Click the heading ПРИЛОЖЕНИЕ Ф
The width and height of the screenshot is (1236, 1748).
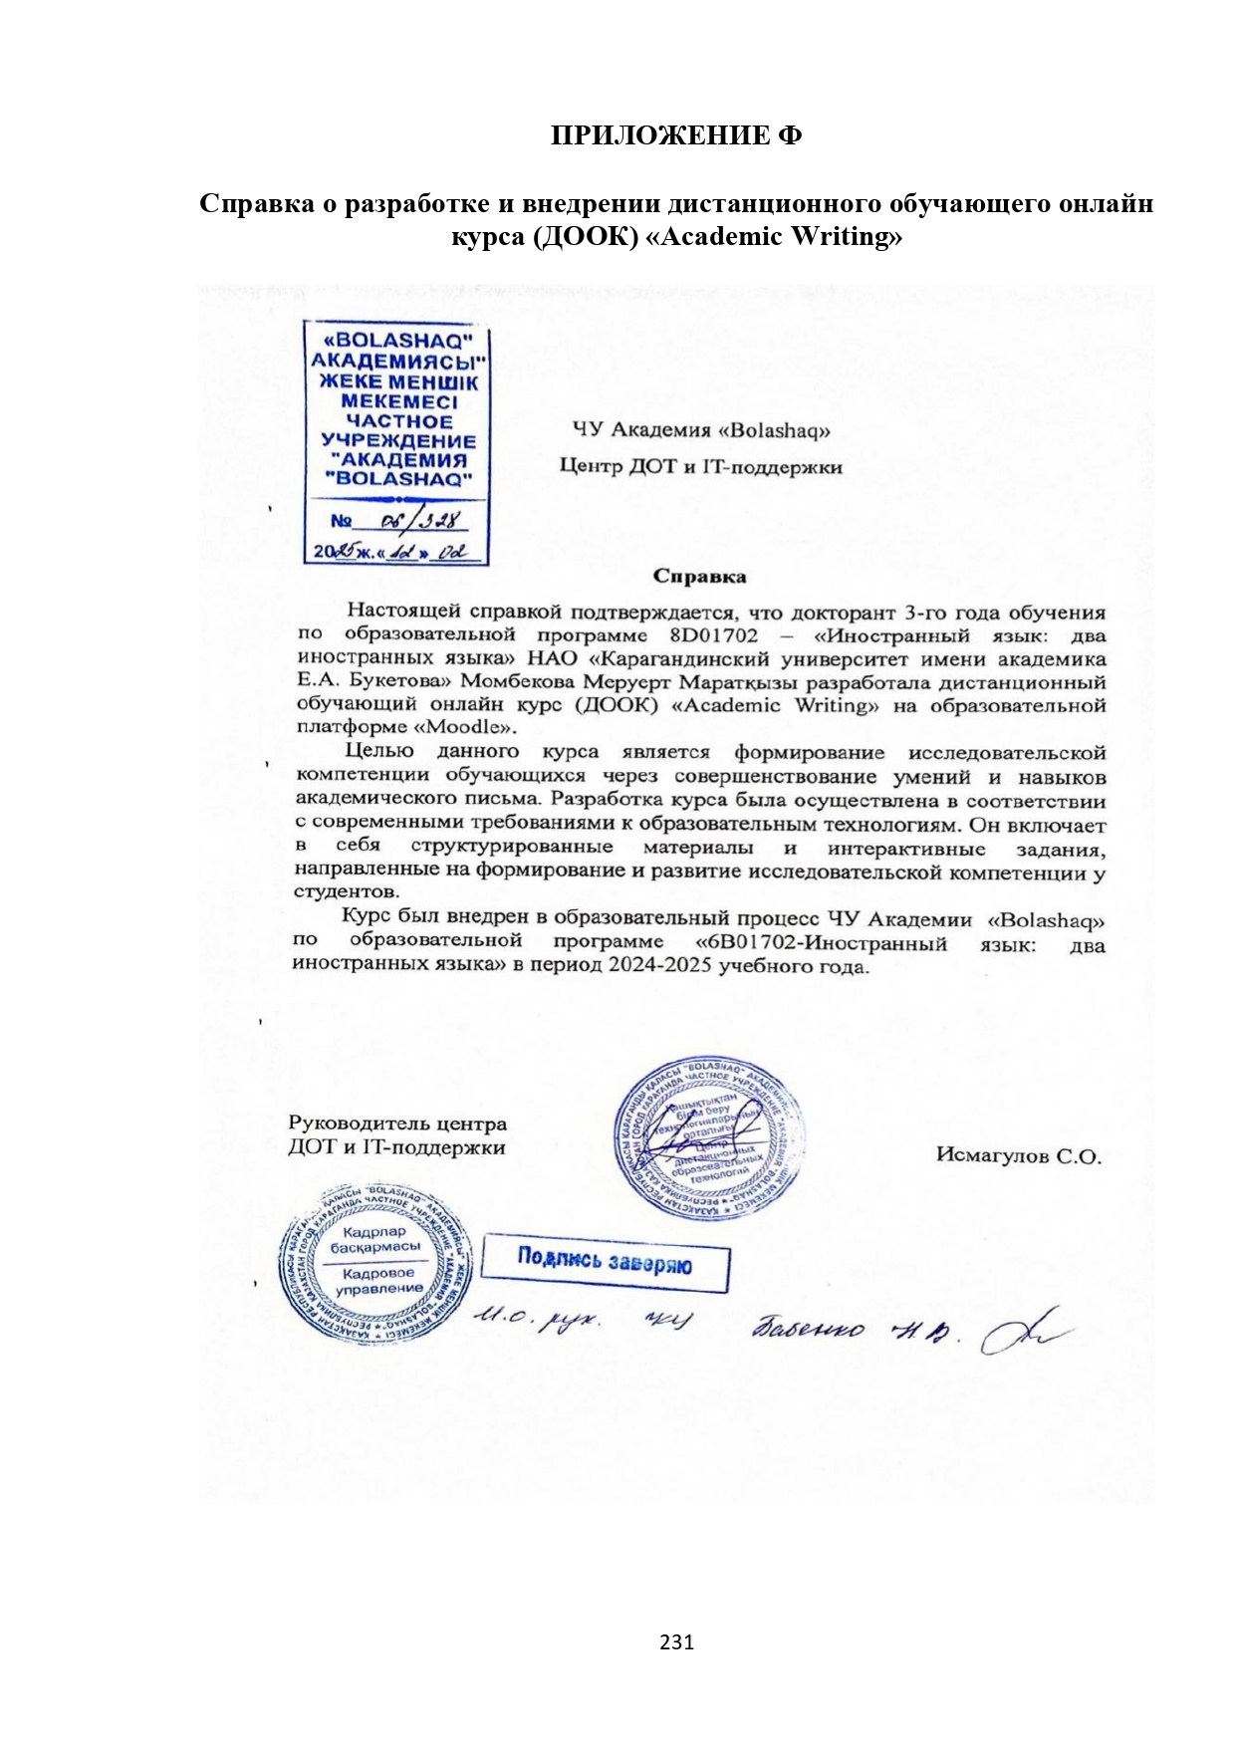click(676, 135)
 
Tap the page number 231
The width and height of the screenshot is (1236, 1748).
click(676, 1641)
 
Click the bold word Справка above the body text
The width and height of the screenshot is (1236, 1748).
click(699, 576)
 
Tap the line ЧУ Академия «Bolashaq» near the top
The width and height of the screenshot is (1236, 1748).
click(700, 430)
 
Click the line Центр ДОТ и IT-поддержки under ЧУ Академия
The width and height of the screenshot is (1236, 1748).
click(700, 466)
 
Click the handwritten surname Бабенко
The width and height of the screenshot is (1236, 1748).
click(810, 1328)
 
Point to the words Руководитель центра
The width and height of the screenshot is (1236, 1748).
click(397, 1124)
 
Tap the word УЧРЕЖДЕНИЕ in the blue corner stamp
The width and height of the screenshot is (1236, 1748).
click(397, 441)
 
